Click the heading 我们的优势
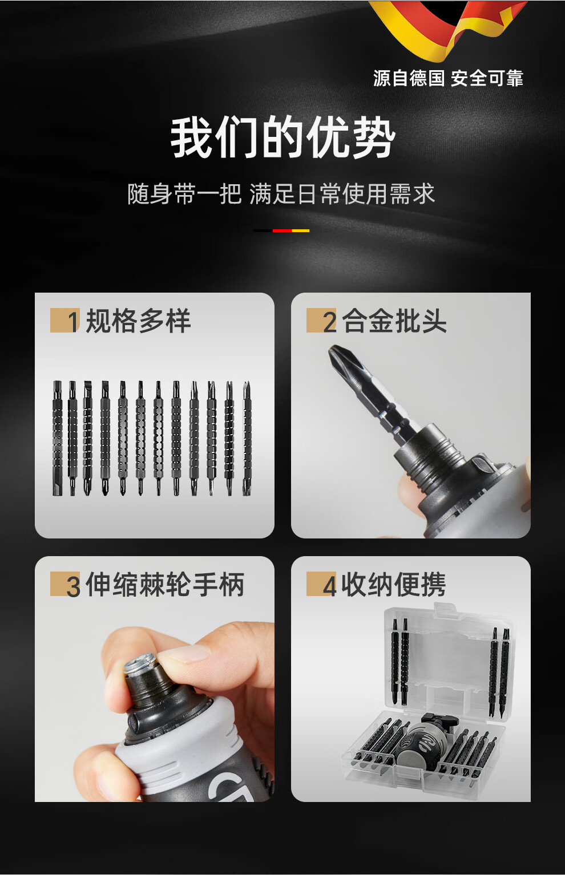click(x=282, y=137)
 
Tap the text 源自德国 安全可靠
click(x=448, y=78)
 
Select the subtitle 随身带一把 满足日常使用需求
click(x=281, y=194)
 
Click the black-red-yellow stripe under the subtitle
click(x=281, y=231)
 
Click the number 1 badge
click(x=65, y=321)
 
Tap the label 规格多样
click(x=138, y=321)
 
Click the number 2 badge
click(x=321, y=321)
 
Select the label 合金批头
click(x=394, y=321)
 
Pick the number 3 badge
click(x=65, y=584)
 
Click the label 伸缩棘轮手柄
click(x=165, y=584)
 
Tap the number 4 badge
click(x=321, y=584)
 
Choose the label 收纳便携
click(x=394, y=584)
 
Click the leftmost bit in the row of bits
click(x=58, y=438)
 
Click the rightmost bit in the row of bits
click(x=247, y=438)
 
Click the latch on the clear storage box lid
click(x=445, y=609)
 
